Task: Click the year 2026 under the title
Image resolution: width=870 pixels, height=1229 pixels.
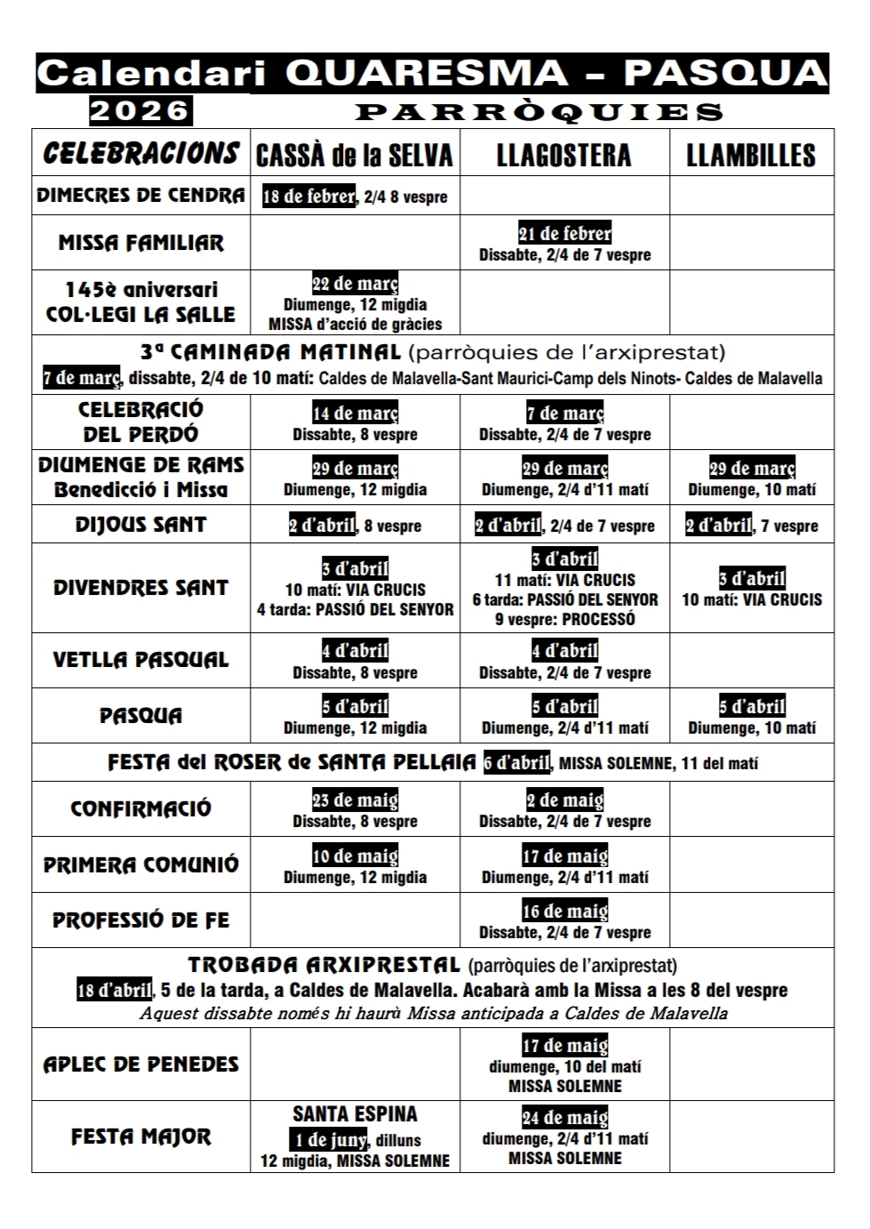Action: point(141,111)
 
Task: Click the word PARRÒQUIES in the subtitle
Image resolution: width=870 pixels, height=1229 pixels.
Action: point(539,112)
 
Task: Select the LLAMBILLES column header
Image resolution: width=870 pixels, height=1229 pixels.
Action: point(751,156)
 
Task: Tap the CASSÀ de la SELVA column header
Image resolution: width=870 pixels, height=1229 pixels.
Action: point(355,156)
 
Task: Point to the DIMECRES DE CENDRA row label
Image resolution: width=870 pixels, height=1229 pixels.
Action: point(140,196)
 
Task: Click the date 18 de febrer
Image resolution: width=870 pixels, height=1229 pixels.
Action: point(308,196)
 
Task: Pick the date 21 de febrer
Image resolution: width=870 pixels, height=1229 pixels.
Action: point(565,234)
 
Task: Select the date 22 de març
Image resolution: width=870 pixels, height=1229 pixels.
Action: point(355,284)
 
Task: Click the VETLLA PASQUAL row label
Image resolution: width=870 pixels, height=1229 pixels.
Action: point(140,660)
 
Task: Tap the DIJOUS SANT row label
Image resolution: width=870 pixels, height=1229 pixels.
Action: point(140,525)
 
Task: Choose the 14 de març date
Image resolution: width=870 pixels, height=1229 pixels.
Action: point(355,414)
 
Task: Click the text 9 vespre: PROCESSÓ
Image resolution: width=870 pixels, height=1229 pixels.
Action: point(565,619)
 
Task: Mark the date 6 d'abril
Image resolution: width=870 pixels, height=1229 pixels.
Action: point(517,762)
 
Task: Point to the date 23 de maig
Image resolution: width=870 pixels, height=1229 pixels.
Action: point(355,799)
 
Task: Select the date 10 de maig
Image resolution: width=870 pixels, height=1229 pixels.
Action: point(355,856)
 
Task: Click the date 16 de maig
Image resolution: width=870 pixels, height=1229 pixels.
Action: point(565,912)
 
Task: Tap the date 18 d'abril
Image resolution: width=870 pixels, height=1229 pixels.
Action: point(115,990)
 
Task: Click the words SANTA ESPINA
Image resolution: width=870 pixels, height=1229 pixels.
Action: point(355,1114)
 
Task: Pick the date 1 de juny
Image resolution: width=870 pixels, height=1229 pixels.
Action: point(328,1139)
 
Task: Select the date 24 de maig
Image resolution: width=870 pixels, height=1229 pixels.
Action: point(565,1118)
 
